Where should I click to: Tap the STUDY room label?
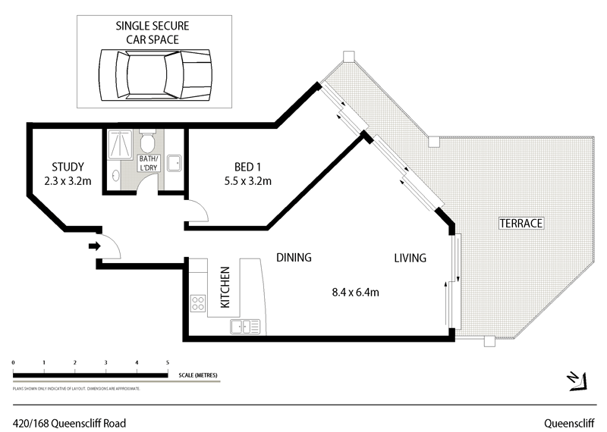[68, 167]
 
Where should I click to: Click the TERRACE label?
[521, 224]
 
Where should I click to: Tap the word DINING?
[294, 258]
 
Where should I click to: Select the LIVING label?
[410, 258]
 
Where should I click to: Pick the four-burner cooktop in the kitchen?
[198, 304]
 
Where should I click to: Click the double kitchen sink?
[245, 327]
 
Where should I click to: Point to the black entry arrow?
[94, 246]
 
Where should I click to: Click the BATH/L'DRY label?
[147, 163]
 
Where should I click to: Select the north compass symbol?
[576, 380]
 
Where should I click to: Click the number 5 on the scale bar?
[167, 364]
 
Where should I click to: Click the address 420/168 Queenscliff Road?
[69, 423]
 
